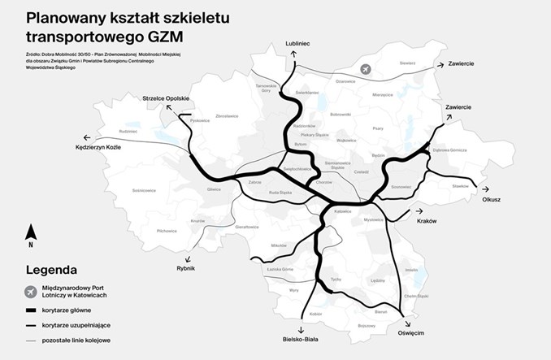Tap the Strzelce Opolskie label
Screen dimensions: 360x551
[165, 98]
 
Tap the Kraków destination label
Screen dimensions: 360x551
[427, 220]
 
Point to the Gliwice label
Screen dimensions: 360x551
[214, 189]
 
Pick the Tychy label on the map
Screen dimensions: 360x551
[334, 278]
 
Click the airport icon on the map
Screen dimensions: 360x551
[365, 70]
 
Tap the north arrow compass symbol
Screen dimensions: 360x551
[30, 236]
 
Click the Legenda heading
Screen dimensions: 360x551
[51, 269]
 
